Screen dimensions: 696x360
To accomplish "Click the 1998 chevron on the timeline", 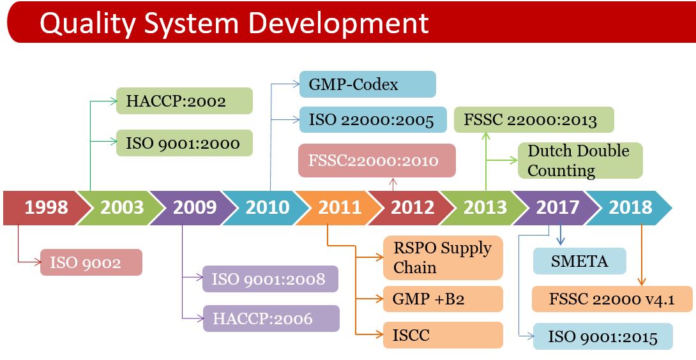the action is tap(45, 207).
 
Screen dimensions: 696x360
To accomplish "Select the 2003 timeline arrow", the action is tap(120, 207).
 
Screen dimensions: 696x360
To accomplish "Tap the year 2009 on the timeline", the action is tap(194, 207).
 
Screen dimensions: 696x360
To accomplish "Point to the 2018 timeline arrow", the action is tap(630, 207).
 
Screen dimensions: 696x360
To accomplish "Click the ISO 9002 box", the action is tap(91, 262).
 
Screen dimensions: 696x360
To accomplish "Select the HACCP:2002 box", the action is tap(184, 101).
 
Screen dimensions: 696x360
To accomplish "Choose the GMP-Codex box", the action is tap(368, 84).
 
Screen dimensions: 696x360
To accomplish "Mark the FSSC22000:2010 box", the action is tap(377, 160).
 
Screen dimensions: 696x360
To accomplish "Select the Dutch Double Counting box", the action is tap(580, 160).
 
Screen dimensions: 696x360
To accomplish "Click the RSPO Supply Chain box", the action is tap(443, 257).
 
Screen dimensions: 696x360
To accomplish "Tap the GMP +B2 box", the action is tap(443, 299).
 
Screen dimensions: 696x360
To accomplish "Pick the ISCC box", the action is tap(443, 335).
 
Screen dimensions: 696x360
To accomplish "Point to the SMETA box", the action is tap(580, 261).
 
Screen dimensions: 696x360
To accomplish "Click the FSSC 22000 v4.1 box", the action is tap(612, 299).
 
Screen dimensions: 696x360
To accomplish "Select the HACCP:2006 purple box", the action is tap(271, 319).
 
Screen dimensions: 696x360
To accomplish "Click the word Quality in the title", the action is tap(87, 22).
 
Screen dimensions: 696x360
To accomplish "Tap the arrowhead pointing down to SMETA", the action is tap(561, 241).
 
